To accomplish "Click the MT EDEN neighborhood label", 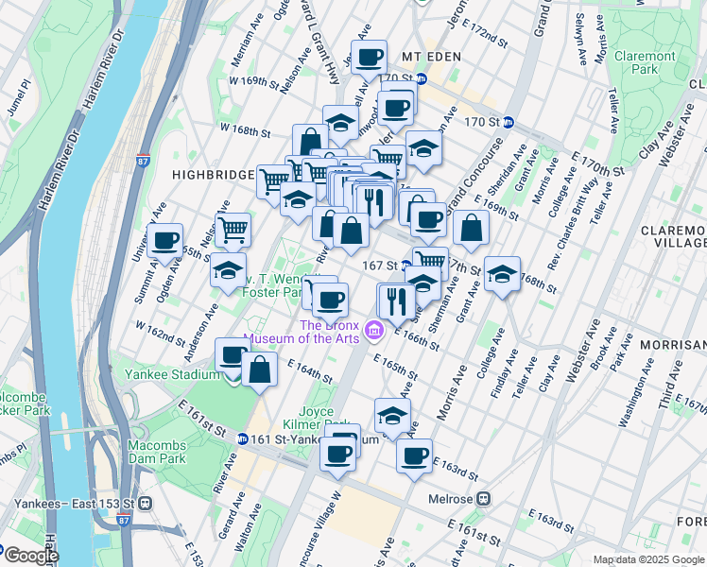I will pos(430,57).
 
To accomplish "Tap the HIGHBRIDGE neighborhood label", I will pos(213,175).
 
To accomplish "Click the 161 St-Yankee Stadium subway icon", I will pos(243,438).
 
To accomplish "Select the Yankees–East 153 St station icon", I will pos(145,503).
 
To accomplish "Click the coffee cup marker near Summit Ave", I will pos(165,241).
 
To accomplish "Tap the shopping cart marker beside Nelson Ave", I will pos(233,228).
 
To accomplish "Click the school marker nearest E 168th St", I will pos(502,273).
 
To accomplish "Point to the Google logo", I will pos(30,556).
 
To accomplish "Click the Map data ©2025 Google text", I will pos(647,559).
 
